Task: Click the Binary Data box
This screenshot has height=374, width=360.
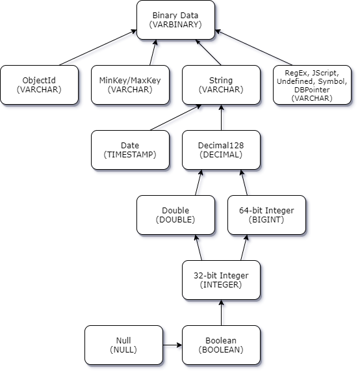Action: pos(175,20)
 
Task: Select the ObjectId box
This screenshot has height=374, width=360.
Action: pos(39,85)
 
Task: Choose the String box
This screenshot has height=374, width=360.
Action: pos(221,85)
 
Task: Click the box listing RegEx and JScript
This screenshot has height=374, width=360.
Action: pos(312,85)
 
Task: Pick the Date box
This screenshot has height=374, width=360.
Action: pos(130,150)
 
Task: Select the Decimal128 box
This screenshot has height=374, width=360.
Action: pos(221,150)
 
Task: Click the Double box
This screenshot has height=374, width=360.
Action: pos(175,215)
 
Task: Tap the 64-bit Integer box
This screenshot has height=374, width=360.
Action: pos(266,215)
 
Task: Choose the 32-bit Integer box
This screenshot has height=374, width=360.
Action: pos(221,280)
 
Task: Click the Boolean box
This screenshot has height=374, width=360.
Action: pos(221,345)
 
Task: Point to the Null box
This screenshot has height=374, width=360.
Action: pos(123,345)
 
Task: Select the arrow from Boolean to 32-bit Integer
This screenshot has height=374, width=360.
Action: pos(223,313)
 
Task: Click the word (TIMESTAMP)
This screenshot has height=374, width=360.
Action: pos(130,155)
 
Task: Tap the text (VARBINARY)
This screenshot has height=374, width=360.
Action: pos(175,25)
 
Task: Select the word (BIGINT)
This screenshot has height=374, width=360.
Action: pos(266,220)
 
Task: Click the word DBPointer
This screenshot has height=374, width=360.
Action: pos(311,89)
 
